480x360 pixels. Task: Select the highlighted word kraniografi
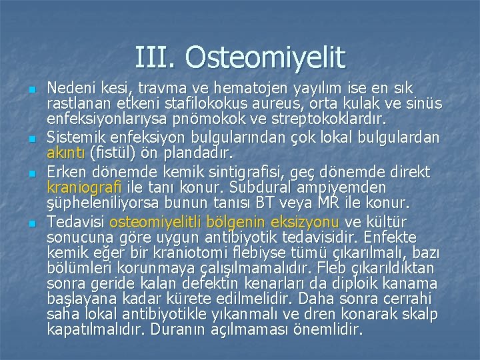click(x=83, y=189)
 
